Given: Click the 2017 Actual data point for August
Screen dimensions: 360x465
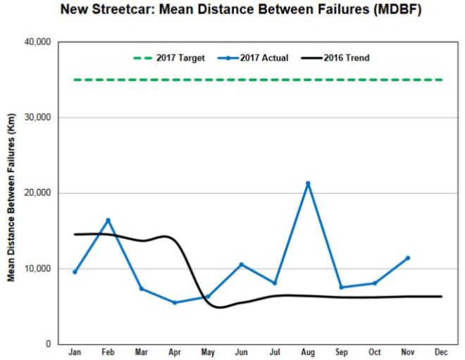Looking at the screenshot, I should point(308,183).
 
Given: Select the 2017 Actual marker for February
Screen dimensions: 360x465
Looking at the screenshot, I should point(108,221).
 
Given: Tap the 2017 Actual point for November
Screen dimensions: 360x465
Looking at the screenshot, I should point(408,258).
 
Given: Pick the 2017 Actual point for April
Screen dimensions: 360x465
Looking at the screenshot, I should point(175,303).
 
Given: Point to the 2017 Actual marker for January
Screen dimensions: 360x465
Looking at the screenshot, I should point(75,272).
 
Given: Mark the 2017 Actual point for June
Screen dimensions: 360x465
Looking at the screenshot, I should point(241,265).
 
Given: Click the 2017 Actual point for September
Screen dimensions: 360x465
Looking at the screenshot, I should point(341,287).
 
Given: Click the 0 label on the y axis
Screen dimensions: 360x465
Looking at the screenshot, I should point(49,345).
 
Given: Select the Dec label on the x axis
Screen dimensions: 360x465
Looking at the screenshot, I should point(441,352).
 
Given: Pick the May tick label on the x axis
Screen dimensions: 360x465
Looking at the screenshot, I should point(208,352).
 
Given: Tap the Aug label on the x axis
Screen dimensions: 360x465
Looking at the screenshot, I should point(308,352).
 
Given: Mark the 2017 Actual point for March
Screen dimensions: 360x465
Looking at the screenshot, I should point(142,289).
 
